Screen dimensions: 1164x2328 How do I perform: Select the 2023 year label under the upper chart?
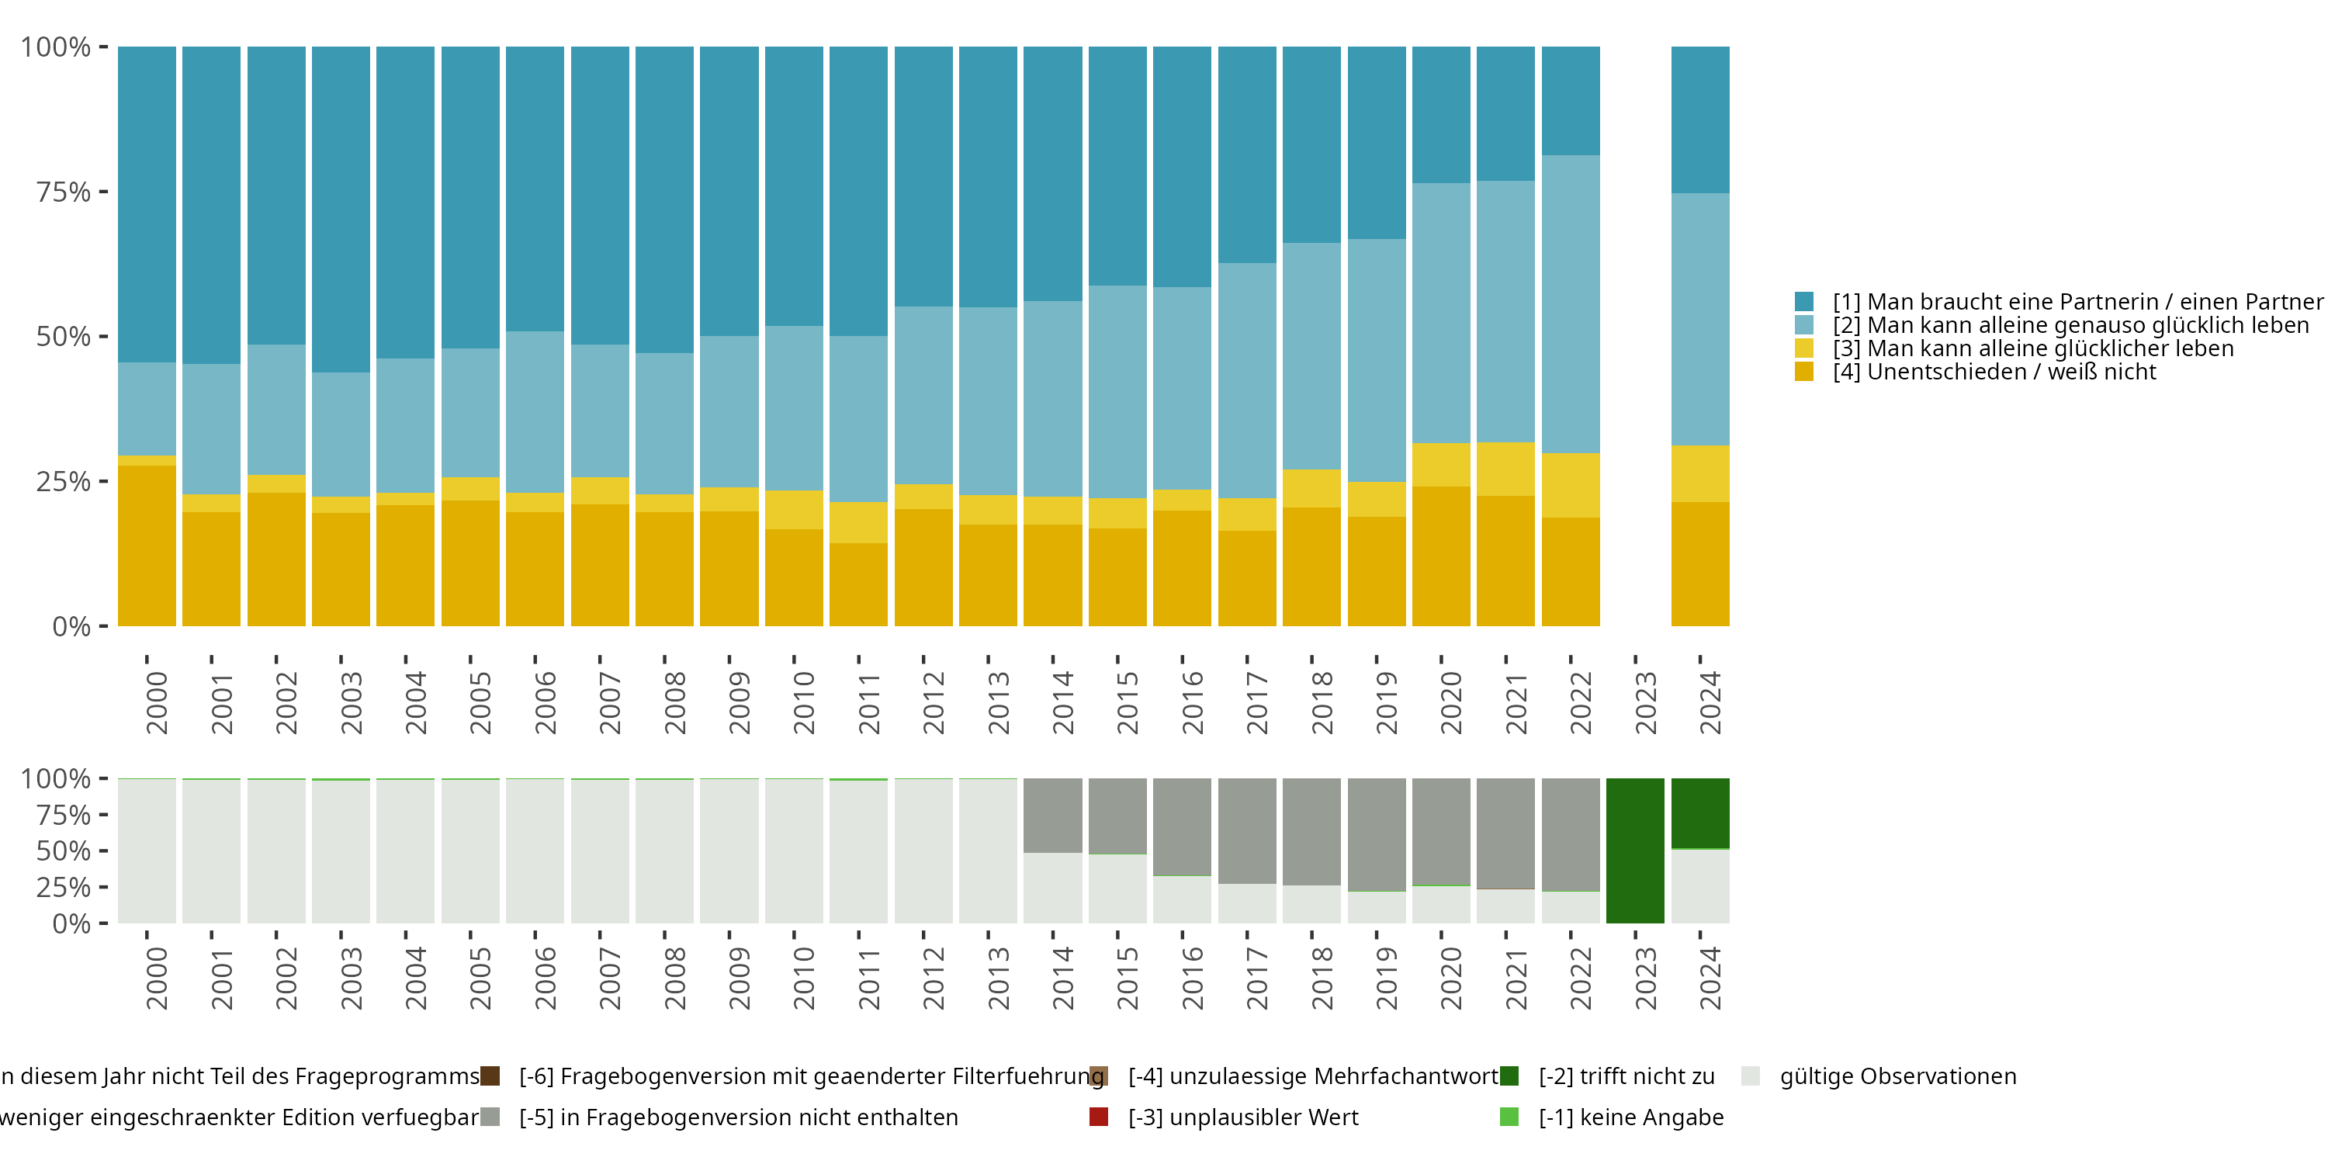point(1646,703)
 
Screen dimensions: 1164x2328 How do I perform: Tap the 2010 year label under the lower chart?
point(804,979)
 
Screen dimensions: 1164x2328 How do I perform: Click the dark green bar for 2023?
point(1635,850)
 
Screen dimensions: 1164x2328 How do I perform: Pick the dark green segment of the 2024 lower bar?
point(1700,812)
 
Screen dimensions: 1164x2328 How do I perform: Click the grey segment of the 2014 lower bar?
point(1053,815)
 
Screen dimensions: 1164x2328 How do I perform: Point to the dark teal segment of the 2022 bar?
point(1571,100)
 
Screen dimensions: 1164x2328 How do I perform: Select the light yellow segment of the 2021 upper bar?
point(1505,469)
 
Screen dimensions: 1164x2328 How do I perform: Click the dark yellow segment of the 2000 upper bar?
point(147,546)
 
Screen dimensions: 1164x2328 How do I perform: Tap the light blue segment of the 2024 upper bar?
point(1700,319)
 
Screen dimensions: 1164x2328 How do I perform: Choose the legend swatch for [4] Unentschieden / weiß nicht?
point(1804,372)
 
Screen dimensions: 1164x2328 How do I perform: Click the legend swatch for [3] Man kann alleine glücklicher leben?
point(1804,348)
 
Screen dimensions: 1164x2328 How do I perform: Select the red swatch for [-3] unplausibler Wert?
point(1099,1117)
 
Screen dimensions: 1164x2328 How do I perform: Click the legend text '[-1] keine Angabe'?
point(1631,1117)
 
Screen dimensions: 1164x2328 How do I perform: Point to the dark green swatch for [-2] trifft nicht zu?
point(1509,1076)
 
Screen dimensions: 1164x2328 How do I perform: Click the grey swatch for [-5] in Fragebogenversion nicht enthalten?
point(490,1117)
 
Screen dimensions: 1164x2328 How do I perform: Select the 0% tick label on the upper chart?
point(71,626)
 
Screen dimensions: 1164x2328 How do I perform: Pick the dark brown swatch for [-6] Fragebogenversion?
point(490,1076)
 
